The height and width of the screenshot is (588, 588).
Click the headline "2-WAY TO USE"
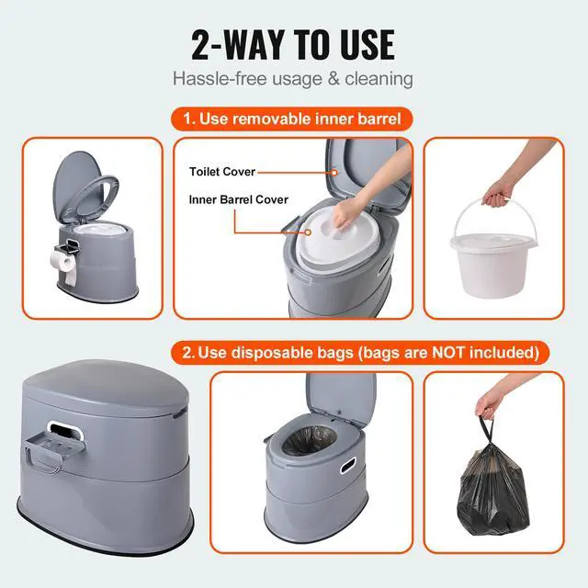coord(293,43)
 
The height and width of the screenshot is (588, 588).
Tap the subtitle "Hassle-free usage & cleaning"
coord(293,79)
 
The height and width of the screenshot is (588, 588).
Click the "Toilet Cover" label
coord(222,172)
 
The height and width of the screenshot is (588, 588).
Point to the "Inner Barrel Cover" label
coord(239,199)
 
